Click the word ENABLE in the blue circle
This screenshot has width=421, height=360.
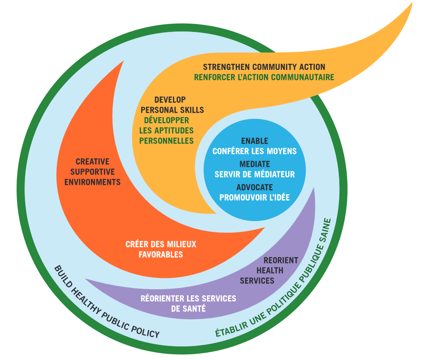(x=255, y=141)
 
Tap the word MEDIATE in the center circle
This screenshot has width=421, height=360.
(x=255, y=164)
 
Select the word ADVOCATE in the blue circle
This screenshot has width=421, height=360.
(x=255, y=187)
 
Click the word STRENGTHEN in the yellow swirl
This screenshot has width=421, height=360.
(x=226, y=67)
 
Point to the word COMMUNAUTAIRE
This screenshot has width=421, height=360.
(x=303, y=77)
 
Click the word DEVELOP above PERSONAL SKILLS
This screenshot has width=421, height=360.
(x=170, y=100)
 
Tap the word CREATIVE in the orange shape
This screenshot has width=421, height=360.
(x=92, y=162)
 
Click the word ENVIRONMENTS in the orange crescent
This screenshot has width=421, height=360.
(x=92, y=182)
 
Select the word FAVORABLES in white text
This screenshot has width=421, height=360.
(x=161, y=254)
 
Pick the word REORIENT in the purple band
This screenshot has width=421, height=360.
(x=281, y=260)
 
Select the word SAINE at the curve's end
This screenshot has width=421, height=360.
(x=324, y=230)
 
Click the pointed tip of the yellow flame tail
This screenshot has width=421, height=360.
(x=412, y=3)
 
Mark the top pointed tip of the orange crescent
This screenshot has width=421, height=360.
(x=123, y=61)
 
